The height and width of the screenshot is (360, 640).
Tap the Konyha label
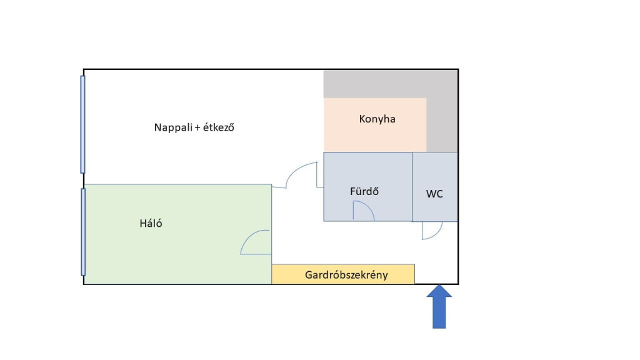[377, 119]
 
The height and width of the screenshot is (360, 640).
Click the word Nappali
[173, 127]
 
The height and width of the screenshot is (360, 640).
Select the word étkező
[219, 127]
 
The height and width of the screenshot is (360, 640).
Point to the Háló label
[151, 223]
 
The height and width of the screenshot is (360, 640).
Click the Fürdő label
[364, 191]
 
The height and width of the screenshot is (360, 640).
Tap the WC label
[434, 194]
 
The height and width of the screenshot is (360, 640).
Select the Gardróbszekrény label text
[346, 274]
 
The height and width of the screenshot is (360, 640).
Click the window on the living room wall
[82, 124]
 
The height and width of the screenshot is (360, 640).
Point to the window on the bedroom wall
[82, 232]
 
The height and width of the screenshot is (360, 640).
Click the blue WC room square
[435, 175]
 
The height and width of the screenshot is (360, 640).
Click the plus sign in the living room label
[197, 127]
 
